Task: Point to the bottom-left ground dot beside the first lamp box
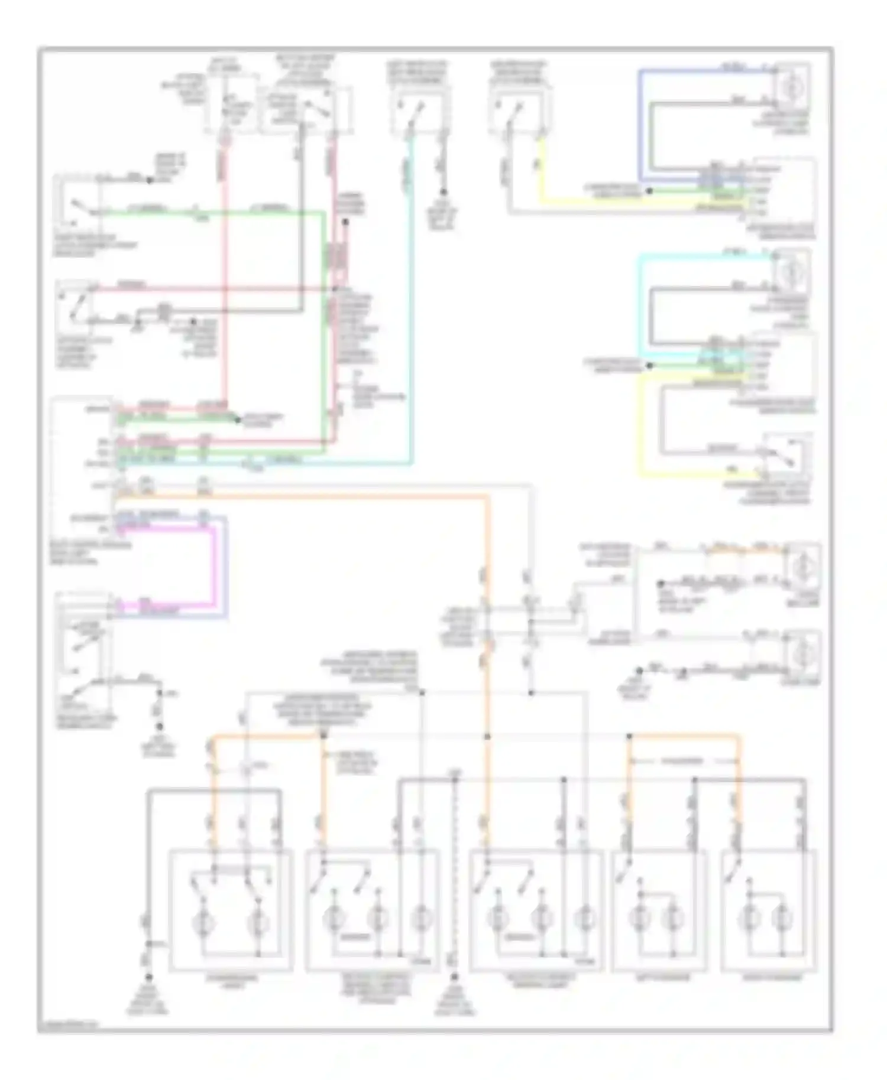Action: (x=148, y=978)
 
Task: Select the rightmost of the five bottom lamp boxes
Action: (x=768, y=910)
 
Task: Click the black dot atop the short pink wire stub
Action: (x=345, y=223)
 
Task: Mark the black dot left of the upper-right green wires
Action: (x=649, y=191)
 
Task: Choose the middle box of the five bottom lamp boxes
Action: (x=535, y=910)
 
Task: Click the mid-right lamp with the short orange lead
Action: (x=801, y=567)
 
